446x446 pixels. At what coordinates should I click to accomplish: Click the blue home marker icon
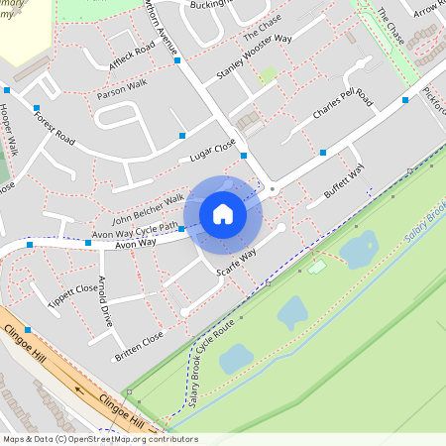223,213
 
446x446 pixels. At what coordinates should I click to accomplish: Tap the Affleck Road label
132,57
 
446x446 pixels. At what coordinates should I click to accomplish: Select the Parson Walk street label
122,88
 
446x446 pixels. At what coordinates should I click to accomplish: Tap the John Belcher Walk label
148,209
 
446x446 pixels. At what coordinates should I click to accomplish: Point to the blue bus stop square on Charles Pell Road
323,153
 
